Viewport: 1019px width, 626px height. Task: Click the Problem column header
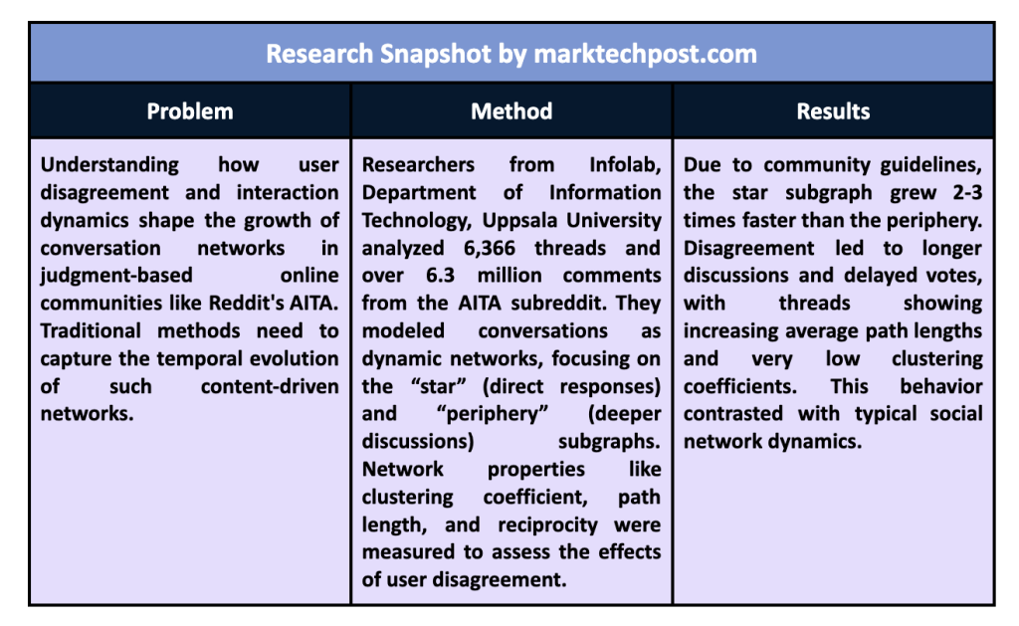[190, 111]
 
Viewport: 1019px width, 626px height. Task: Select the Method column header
[511, 111]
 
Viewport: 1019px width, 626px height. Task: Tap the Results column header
[833, 111]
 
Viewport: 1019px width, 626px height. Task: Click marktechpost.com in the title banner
[645, 54]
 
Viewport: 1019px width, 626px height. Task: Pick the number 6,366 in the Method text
[490, 248]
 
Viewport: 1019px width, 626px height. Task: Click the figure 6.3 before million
[441, 275]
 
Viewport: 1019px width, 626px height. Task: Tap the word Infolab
[625, 164]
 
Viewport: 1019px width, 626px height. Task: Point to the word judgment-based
[116, 276]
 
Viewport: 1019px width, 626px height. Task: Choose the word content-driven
[270, 386]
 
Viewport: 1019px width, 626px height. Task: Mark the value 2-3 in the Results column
[967, 192]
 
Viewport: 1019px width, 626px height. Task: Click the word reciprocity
[548, 524]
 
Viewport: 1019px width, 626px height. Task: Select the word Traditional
[91, 330]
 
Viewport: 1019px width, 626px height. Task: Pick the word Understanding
[109, 165]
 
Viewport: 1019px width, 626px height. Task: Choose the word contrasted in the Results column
[733, 413]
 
